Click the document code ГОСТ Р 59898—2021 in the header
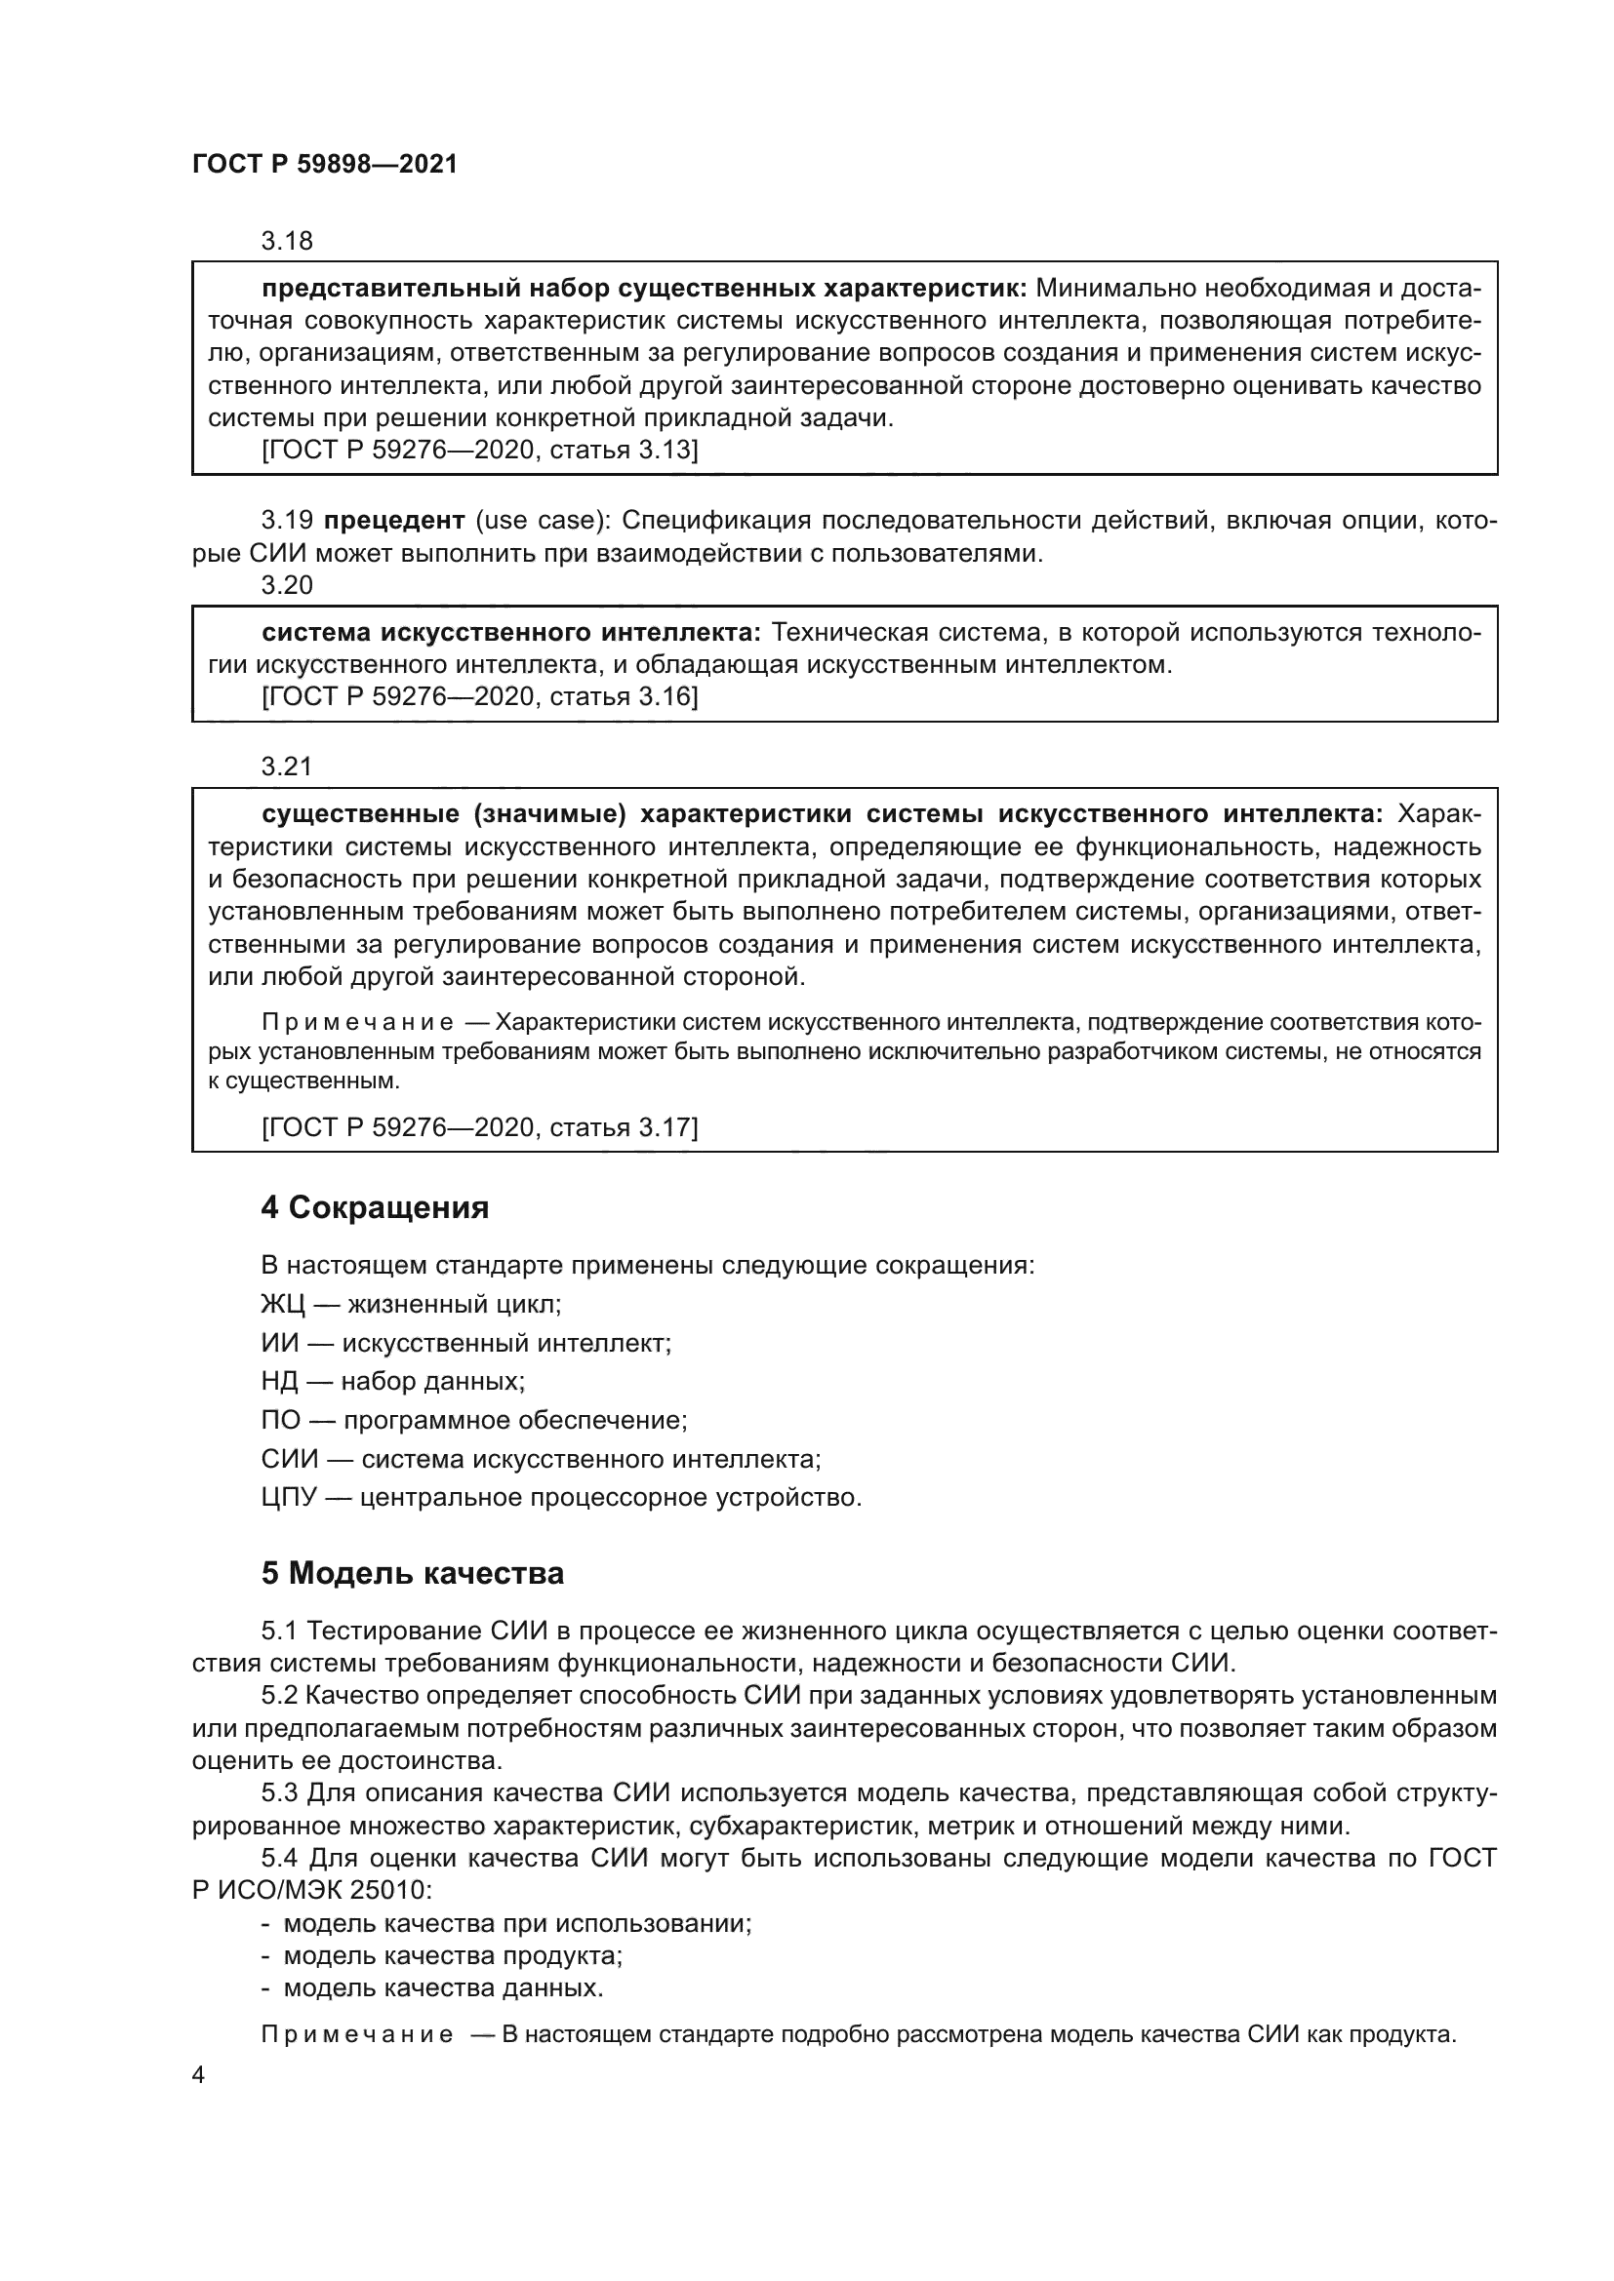click(x=324, y=165)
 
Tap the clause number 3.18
click(x=286, y=241)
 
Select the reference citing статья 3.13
click(x=480, y=450)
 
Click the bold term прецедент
click(x=394, y=521)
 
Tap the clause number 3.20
click(x=286, y=585)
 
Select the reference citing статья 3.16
click(x=480, y=696)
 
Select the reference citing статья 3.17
click(x=480, y=1126)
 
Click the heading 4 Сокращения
click(x=375, y=1208)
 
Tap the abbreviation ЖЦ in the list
click(x=282, y=1304)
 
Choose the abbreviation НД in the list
click(x=280, y=1381)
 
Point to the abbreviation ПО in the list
click(x=280, y=1420)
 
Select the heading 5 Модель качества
click(x=413, y=1574)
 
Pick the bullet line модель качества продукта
click(x=452, y=1956)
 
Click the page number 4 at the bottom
click(x=198, y=2076)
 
